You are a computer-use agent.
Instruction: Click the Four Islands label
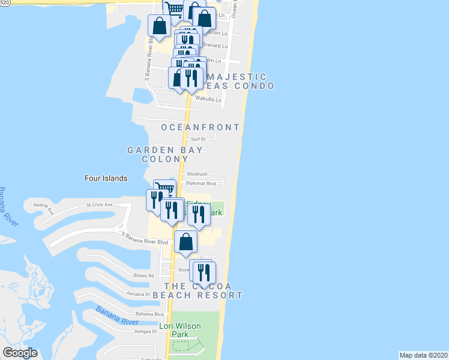[x=106, y=178]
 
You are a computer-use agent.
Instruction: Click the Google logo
[x=20, y=353]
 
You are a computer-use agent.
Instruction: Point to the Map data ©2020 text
[x=424, y=355]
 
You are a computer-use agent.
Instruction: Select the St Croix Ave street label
[x=100, y=205]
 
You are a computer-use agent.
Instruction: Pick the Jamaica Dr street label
[x=138, y=294]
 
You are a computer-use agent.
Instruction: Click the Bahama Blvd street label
[x=150, y=314]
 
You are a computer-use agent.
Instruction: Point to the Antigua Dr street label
[x=145, y=331]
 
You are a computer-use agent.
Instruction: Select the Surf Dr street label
[x=199, y=139]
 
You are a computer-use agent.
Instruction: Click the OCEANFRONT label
[x=200, y=127]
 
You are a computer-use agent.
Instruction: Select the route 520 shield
[x=4, y=4]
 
